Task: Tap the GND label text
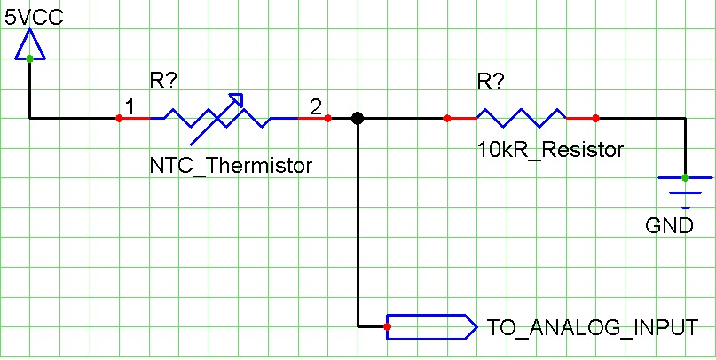pos(670,225)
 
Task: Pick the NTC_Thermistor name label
pos(232,165)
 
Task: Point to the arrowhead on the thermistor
pos(237,98)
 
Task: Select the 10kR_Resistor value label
pos(550,150)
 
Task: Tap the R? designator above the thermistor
pos(163,82)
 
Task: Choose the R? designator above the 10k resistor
pos(491,82)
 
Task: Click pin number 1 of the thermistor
pos(130,106)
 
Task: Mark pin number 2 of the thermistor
pos(315,106)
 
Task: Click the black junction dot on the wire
pos(357,118)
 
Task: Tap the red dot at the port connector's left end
pos(388,327)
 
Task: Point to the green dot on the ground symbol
pos(685,177)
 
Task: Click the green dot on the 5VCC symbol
pos(29,59)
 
